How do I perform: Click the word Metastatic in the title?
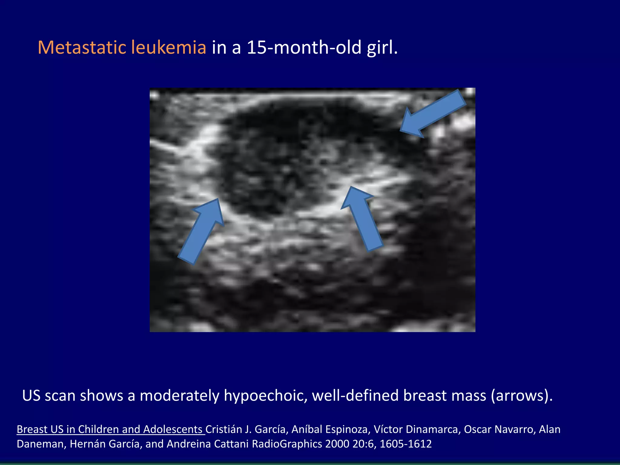pos(81,48)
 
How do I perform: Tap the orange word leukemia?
pos(169,48)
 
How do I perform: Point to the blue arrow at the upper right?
pos(433,114)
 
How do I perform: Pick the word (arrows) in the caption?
pos(521,396)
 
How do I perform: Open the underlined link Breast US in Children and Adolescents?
pos(110,429)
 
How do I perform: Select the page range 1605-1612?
pos(406,444)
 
